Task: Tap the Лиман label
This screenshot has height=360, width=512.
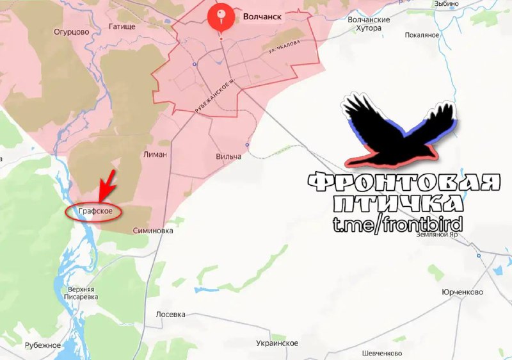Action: [156, 154]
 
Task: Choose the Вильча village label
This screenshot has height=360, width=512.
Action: [228, 157]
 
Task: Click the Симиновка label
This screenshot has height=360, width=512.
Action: [152, 231]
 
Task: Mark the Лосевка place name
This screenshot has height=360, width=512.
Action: [171, 315]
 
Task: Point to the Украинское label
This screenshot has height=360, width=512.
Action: [277, 343]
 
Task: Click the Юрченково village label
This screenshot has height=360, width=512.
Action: [462, 291]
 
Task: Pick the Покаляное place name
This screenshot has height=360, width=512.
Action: [422, 35]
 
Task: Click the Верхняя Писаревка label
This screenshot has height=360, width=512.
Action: [83, 293]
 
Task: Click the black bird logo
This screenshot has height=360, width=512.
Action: [397, 131]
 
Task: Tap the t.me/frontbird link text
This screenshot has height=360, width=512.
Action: [397, 224]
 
